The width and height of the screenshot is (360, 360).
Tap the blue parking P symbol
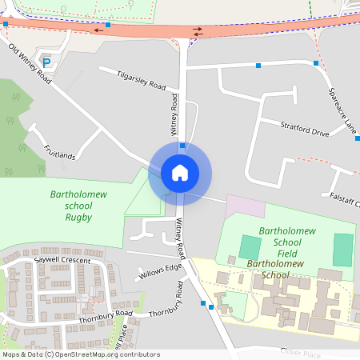(46, 62)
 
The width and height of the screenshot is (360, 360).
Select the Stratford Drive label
(305, 128)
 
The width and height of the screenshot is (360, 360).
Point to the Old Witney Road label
(30, 64)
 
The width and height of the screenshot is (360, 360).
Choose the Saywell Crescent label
(62, 261)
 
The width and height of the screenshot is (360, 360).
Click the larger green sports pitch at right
(343, 250)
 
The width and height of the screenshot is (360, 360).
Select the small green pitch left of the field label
(250, 246)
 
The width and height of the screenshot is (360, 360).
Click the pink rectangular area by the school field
(245, 206)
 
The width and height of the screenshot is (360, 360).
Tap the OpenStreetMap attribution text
(81, 354)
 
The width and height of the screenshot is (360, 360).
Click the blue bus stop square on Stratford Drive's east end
(357, 138)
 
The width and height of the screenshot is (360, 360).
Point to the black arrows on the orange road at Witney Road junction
(196, 32)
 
